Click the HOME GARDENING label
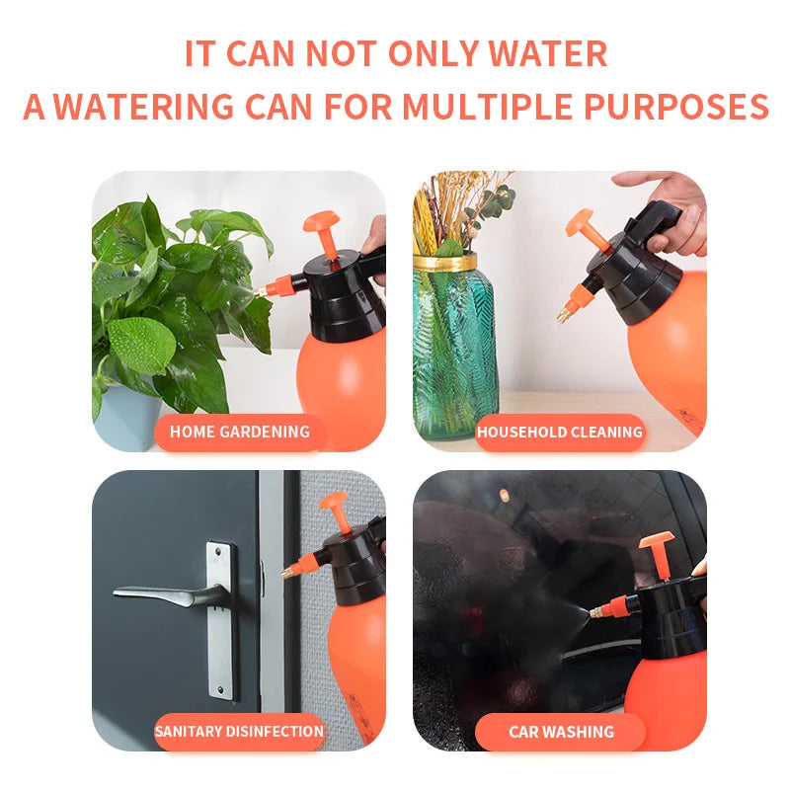[240, 432]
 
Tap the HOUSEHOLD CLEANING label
[560, 432]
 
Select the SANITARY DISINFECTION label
[239, 732]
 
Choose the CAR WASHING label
[560, 732]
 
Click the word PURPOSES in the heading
[691, 107]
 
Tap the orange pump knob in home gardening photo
[321, 223]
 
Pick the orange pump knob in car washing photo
[656, 542]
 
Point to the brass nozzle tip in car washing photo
[595, 614]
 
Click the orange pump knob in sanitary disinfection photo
[334, 503]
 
